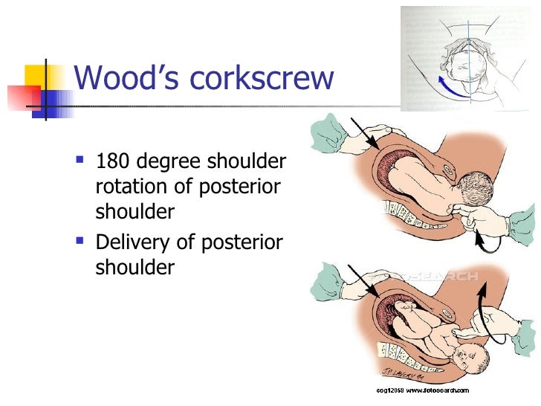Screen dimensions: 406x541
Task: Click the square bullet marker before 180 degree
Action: (81, 160)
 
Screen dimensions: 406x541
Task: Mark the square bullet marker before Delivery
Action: (81, 240)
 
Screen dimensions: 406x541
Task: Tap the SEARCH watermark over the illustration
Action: (447, 275)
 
